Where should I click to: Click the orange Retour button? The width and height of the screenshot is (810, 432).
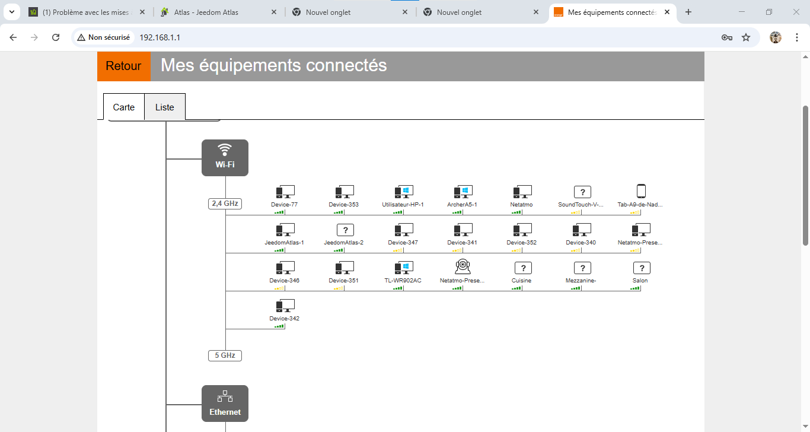click(x=124, y=66)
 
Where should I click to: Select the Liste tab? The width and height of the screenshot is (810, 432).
click(x=164, y=107)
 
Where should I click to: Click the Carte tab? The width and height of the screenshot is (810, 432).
click(x=124, y=107)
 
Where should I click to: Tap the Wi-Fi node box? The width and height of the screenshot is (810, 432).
click(x=225, y=158)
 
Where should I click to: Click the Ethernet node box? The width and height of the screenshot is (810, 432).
click(x=225, y=404)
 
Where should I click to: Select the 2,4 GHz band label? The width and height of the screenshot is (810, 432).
click(x=225, y=204)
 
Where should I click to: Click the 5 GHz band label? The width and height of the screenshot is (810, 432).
click(x=225, y=355)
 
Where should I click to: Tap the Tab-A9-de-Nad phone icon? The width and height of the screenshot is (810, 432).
click(x=641, y=192)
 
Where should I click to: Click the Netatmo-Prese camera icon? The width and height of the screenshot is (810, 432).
click(x=463, y=266)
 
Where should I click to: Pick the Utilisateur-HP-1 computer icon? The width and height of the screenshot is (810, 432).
click(x=404, y=192)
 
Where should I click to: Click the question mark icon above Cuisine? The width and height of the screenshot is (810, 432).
click(x=523, y=268)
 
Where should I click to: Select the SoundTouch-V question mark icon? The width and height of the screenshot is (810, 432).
click(x=582, y=192)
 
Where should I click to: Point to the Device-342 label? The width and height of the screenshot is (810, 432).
click(x=284, y=319)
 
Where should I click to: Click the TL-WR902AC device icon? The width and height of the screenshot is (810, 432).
click(x=404, y=268)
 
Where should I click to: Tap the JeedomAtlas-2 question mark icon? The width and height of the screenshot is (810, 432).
click(x=345, y=230)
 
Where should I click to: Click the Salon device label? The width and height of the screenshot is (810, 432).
click(x=640, y=281)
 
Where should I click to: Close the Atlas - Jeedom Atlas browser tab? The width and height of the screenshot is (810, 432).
click(x=274, y=12)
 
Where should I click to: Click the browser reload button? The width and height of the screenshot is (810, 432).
click(x=56, y=37)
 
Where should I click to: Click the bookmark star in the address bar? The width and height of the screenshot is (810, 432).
click(x=746, y=37)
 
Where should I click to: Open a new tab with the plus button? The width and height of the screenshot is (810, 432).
click(x=688, y=12)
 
